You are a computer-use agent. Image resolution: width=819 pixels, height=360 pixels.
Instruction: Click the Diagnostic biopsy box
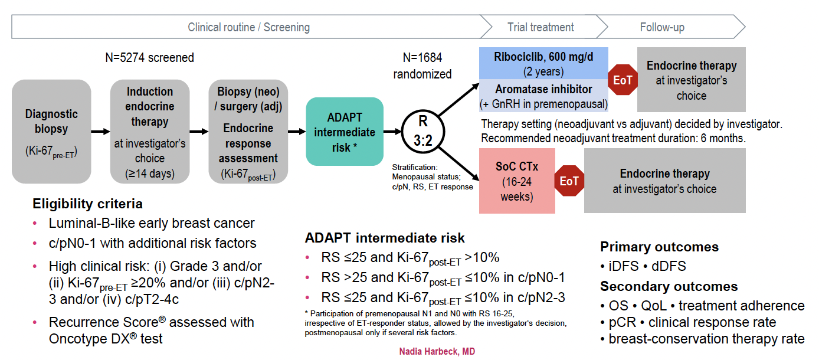tap(51, 131)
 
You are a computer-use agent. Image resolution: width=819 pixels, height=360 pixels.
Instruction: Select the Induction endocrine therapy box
tap(149, 131)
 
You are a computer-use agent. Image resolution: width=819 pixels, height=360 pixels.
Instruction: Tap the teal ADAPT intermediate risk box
tap(345, 131)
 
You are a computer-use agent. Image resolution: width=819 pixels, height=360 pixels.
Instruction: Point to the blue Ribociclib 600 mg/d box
tap(543, 63)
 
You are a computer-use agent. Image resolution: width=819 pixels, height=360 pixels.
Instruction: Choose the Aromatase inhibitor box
tap(543, 95)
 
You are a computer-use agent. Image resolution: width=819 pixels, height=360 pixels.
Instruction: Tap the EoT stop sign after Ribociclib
tap(623, 80)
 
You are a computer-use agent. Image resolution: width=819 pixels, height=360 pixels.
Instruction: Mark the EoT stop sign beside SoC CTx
tap(569, 181)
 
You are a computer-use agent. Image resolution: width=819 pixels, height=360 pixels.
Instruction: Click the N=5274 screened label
tap(149, 58)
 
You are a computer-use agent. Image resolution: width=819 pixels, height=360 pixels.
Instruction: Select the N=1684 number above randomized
tap(422, 58)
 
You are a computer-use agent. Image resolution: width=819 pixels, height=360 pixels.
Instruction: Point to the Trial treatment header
tap(540, 27)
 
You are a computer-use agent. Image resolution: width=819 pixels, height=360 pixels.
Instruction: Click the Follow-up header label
tap(662, 27)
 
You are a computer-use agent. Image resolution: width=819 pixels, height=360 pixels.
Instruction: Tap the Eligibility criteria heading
tap(87, 204)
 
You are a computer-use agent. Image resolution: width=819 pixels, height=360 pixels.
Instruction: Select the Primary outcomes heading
tap(659, 247)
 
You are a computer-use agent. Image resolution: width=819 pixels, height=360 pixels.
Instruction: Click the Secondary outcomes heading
tap(669, 286)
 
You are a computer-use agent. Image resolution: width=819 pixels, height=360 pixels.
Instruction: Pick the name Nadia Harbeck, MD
tap(437, 352)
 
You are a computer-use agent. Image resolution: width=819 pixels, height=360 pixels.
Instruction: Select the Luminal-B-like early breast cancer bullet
tap(152, 223)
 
